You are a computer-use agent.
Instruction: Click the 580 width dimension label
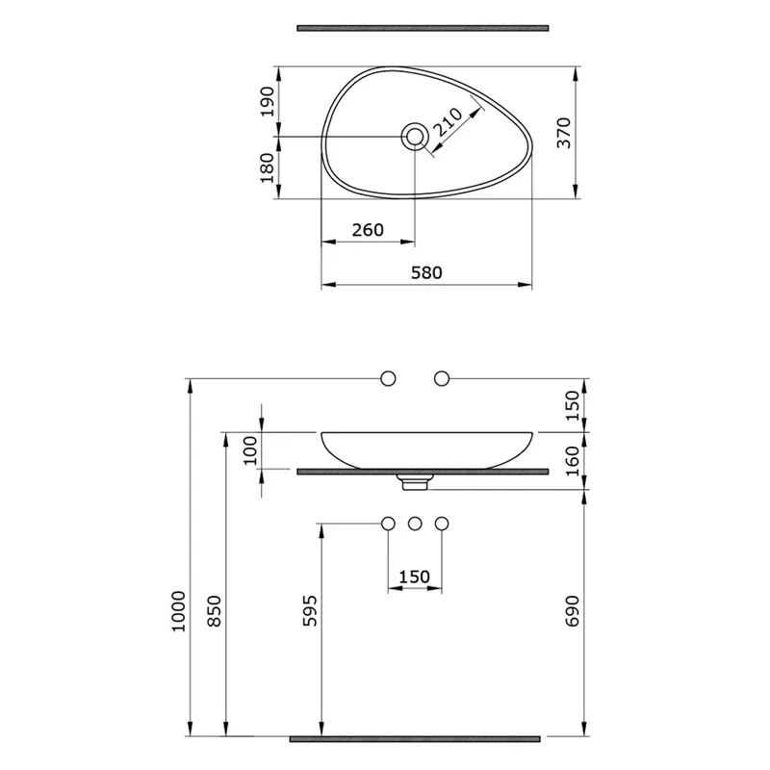pos(426,272)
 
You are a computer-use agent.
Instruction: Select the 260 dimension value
pos(368,230)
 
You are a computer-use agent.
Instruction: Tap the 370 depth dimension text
pos(564,133)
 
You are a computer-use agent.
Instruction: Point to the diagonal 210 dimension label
pos(448,122)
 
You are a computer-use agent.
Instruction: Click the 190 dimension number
pos(268,102)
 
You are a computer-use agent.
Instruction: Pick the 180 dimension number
pos(268,167)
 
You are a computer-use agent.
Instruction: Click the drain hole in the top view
pos(415,136)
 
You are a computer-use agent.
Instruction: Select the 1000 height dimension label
pos(179,611)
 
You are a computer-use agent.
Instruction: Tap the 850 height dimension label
pos(215,611)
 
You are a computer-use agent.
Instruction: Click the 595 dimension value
pos(310,611)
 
